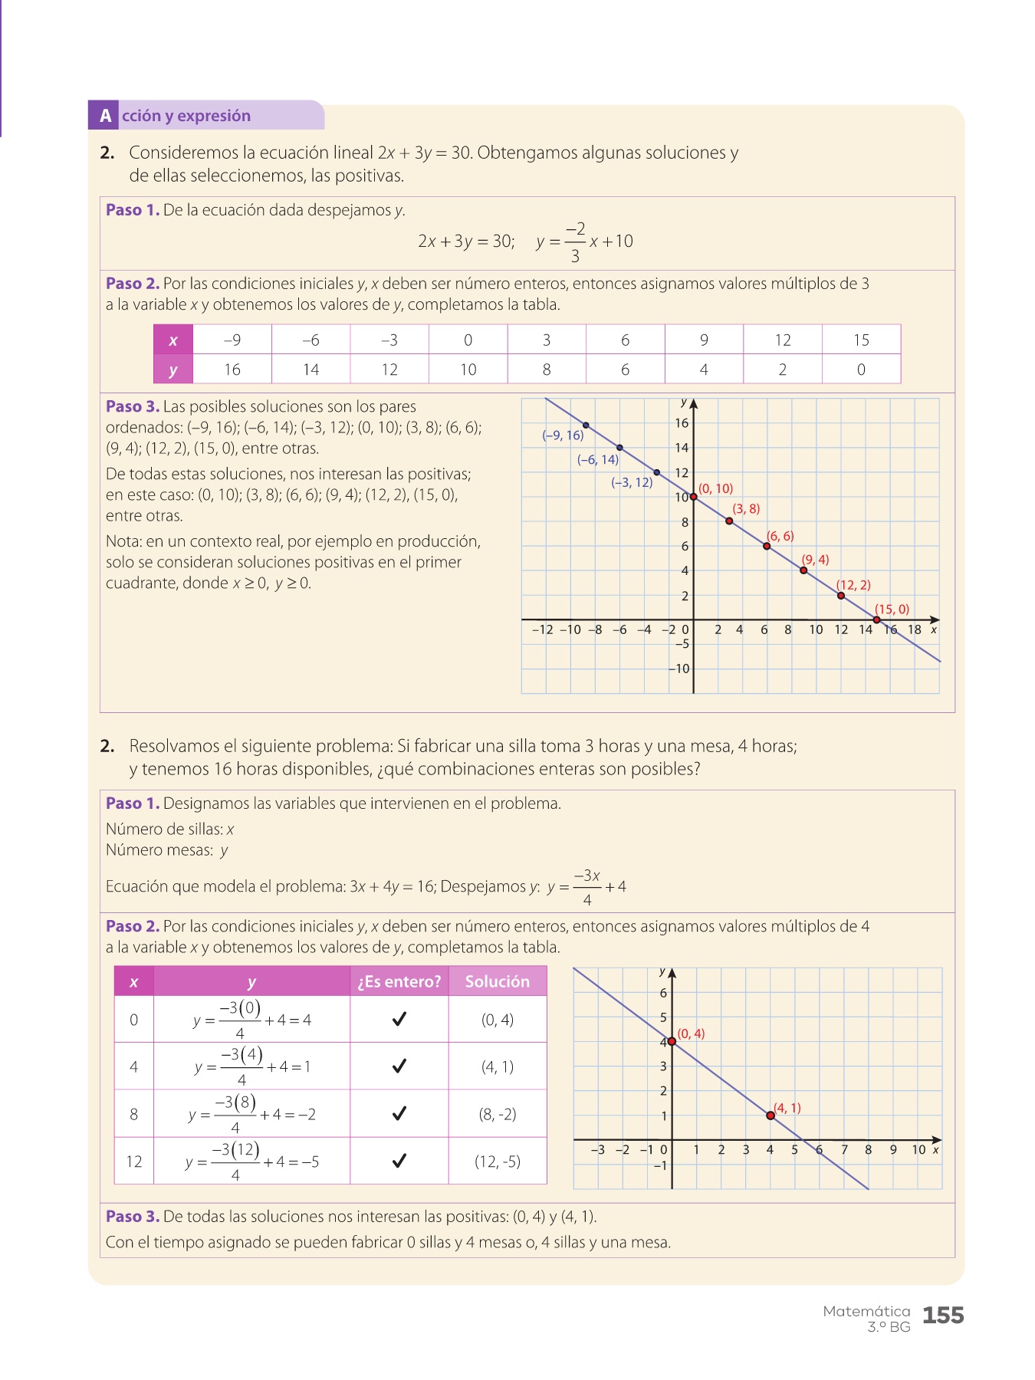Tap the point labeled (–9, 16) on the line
(x=586, y=425)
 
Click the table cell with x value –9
(x=232, y=340)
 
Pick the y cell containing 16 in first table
(x=232, y=370)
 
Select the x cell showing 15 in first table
(x=861, y=340)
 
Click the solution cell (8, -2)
(x=498, y=1114)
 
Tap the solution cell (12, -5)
(x=498, y=1161)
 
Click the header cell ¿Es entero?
(x=399, y=981)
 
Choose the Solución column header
(x=498, y=981)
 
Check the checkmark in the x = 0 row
(x=399, y=1020)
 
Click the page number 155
(x=943, y=1316)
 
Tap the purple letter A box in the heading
(x=105, y=116)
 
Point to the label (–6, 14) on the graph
(x=598, y=460)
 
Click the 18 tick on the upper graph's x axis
(x=915, y=629)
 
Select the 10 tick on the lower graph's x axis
(x=918, y=1150)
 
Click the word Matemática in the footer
(x=866, y=1311)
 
